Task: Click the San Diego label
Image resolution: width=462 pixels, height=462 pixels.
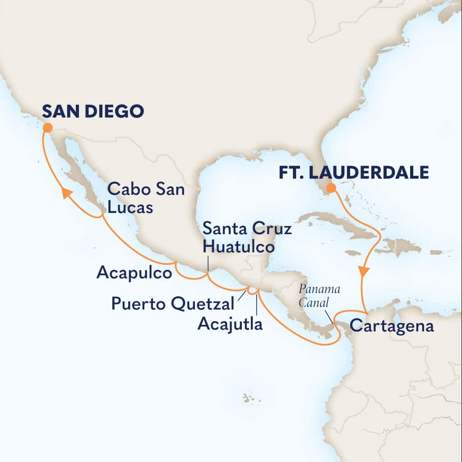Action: click(x=93, y=111)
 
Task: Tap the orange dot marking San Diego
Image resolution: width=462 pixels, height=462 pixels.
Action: click(x=47, y=128)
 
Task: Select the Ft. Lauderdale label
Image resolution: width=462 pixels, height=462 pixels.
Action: click(x=353, y=173)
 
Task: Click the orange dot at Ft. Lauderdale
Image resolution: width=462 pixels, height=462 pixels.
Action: click(x=331, y=188)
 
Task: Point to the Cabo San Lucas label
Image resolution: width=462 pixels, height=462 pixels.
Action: click(x=145, y=199)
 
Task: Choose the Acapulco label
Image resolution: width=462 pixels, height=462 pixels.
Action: click(x=134, y=273)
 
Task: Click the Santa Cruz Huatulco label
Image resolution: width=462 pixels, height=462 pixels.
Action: click(x=247, y=238)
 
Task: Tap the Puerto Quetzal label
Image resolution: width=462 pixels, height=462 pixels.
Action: click(x=173, y=304)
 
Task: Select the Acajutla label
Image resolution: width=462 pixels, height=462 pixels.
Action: click(x=230, y=323)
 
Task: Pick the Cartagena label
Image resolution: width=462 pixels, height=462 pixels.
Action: click(x=392, y=326)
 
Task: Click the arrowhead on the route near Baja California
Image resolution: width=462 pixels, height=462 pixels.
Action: click(x=67, y=193)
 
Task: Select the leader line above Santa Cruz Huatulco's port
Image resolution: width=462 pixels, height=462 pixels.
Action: click(x=208, y=264)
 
